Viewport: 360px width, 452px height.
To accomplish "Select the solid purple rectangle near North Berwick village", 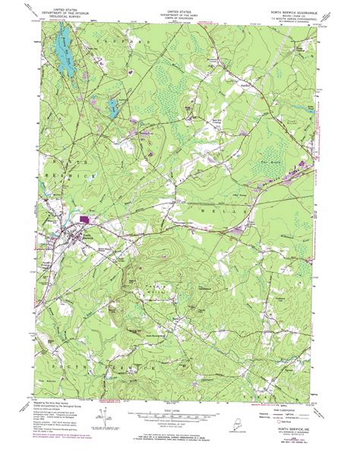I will point(84,219).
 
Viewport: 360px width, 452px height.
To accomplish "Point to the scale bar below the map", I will point(180,416).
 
